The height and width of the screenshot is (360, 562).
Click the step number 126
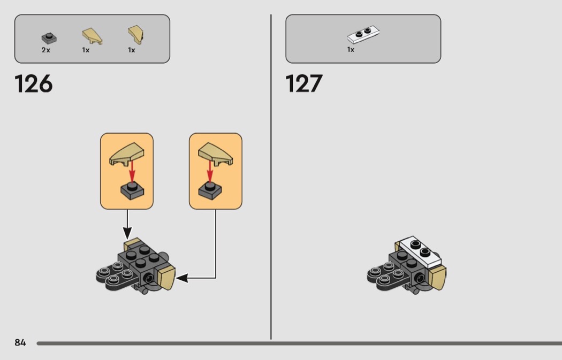click(33, 84)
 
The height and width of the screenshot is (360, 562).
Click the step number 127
click(304, 84)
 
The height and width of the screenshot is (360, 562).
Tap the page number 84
click(20, 342)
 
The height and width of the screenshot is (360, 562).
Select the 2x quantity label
click(45, 50)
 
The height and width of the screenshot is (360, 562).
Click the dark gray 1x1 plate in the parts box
click(49, 38)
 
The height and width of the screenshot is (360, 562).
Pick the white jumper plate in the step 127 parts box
click(363, 34)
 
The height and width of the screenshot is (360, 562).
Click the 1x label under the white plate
click(351, 49)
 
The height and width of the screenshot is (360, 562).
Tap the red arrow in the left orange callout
click(132, 171)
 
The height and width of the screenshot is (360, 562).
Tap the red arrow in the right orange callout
click(210, 171)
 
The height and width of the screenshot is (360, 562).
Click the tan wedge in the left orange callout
click(127, 154)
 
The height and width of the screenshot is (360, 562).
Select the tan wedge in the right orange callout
click(215, 154)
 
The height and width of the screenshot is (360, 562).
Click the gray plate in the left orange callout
click(132, 190)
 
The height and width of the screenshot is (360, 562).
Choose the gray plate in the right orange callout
click(210, 190)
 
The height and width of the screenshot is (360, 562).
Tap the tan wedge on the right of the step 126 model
click(166, 278)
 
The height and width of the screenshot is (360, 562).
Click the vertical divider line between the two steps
click(271, 177)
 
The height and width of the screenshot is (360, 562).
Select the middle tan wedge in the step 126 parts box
click(92, 36)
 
